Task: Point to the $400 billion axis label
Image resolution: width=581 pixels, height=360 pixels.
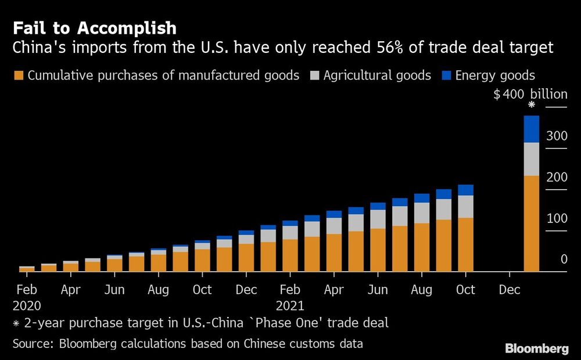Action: click(x=530, y=95)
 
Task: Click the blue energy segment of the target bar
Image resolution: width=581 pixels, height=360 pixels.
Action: click(x=531, y=129)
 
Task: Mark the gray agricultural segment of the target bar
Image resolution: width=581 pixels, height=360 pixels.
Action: click(x=531, y=159)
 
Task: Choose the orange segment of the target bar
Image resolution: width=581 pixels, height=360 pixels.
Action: click(x=531, y=224)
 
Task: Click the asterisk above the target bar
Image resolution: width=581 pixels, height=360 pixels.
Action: click(x=531, y=105)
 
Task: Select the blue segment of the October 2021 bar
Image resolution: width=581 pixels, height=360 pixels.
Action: click(x=465, y=190)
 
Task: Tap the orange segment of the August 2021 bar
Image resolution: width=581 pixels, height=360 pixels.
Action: click(x=422, y=247)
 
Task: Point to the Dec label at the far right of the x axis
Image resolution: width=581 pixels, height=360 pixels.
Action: click(x=510, y=289)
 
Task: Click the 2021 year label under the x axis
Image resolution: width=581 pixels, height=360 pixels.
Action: click(x=290, y=304)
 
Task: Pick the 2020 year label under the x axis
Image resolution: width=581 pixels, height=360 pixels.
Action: click(x=26, y=304)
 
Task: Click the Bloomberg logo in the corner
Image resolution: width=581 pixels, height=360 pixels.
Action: click(x=537, y=348)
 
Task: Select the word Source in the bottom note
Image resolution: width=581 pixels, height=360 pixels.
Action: click(x=32, y=344)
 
